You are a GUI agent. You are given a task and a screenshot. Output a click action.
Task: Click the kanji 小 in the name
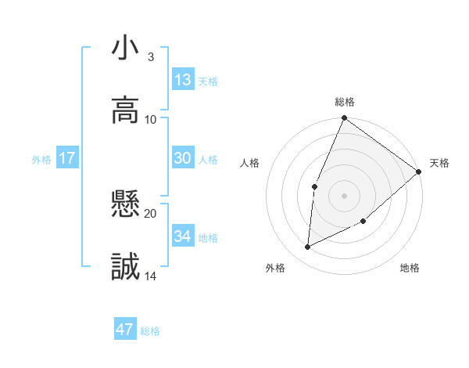[x=126, y=49]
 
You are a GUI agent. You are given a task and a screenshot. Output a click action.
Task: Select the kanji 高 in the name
[x=126, y=110]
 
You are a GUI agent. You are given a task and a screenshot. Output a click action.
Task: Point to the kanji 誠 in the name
[x=126, y=267]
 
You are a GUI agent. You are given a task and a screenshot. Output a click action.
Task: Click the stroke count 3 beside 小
[x=151, y=57]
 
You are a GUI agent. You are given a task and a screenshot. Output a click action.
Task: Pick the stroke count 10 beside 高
[x=151, y=119]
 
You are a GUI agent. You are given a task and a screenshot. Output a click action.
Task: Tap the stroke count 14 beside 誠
[x=151, y=276]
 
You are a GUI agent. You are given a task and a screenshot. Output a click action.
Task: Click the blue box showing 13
[x=182, y=79]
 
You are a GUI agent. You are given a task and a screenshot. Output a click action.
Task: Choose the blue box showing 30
[x=182, y=158]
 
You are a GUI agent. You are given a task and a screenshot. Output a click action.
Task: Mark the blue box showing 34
[x=182, y=236]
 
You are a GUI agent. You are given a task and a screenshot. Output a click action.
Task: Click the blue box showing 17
[x=67, y=158]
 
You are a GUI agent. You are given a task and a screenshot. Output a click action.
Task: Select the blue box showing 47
[x=125, y=330]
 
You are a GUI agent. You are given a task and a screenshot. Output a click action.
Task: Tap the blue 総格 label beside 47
[x=151, y=331]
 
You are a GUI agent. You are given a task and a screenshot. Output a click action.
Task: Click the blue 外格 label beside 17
[x=41, y=160]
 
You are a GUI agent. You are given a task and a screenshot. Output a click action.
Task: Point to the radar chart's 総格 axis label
[x=345, y=102]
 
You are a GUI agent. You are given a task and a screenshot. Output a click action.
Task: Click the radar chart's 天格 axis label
[x=439, y=163]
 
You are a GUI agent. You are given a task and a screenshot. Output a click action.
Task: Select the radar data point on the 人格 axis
[x=314, y=186]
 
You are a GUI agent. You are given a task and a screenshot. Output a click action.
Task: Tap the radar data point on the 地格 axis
[x=363, y=222]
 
